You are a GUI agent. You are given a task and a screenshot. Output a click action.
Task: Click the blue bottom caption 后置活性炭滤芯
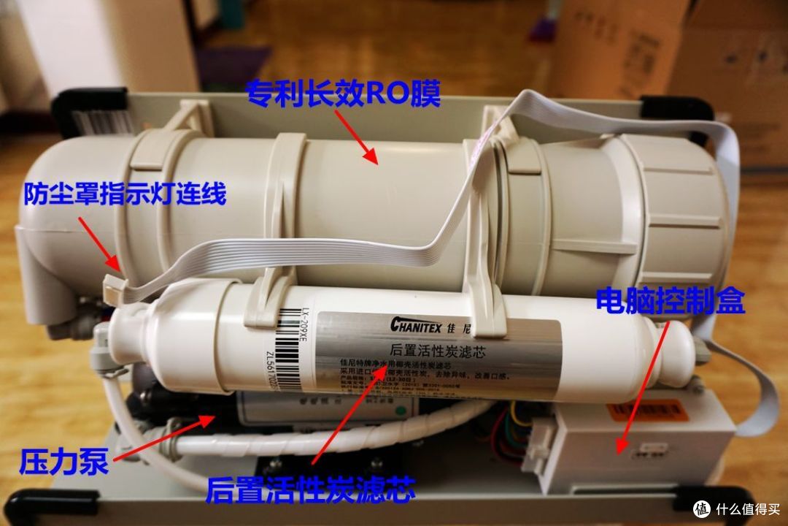(310, 489)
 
